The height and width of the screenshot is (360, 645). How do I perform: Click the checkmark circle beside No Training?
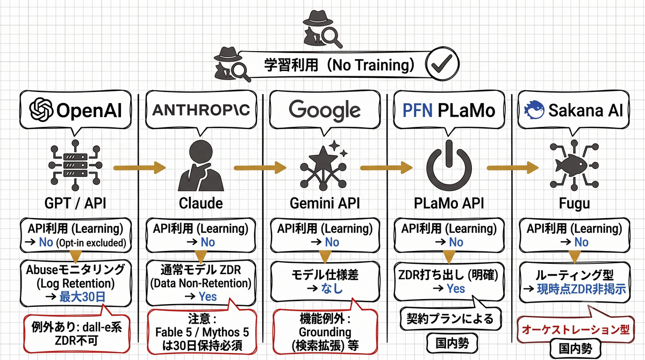[x=442, y=63]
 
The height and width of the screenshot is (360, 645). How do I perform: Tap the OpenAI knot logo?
[x=41, y=110]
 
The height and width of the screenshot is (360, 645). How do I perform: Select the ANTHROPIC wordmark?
[x=201, y=110]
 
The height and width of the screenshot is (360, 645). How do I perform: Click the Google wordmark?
[x=325, y=111]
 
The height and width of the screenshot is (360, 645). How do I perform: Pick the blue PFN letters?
[x=418, y=110]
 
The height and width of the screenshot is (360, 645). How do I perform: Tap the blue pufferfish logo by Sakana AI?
[x=534, y=110]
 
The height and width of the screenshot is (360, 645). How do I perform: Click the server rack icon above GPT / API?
[x=75, y=165]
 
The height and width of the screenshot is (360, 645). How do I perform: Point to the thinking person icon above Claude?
[x=200, y=165]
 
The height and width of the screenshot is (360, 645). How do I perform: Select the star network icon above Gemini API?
[x=324, y=165]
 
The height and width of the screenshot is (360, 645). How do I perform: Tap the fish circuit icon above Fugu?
[x=574, y=165]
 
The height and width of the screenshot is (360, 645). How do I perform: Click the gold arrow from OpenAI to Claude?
[x=140, y=168]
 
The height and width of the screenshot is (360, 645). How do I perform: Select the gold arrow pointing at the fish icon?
[x=513, y=168]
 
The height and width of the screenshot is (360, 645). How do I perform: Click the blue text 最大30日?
[x=82, y=297]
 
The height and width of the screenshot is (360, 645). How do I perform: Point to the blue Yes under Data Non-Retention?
[x=207, y=297]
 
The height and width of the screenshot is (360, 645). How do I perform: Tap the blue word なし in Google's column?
[x=332, y=289]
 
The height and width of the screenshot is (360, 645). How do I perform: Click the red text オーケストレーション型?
[x=576, y=329]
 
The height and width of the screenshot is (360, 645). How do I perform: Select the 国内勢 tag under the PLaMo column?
[x=452, y=343]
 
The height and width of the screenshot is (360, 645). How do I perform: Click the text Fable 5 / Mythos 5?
[x=202, y=333]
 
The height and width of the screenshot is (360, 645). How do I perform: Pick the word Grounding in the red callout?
[x=325, y=333]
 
